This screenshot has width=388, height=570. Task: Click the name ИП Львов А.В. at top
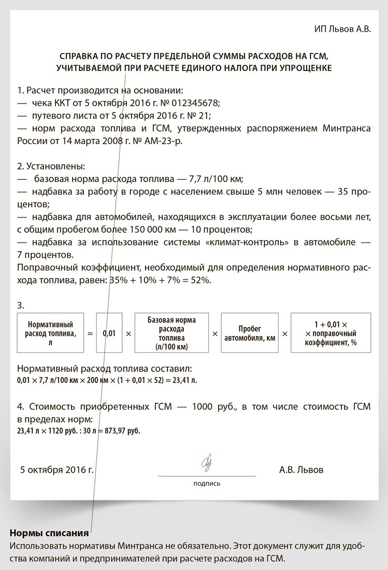tap(342, 29)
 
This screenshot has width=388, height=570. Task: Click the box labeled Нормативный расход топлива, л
tap(49, 333)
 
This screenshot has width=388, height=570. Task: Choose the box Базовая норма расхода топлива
tap(171, 333)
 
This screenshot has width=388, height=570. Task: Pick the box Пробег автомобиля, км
tap(250, 333)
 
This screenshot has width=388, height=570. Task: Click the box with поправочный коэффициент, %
tap(330, 333)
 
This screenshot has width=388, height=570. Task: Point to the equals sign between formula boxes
tap(90, 334)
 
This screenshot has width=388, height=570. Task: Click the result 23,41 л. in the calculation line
tap(184, 380)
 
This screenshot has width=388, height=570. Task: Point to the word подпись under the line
tap(207, 483)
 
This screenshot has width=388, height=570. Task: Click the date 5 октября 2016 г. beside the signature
tap(57, 470)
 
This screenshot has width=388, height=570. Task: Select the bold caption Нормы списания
tap(49, 533)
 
